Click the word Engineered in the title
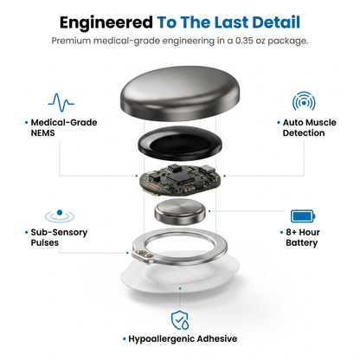point(106,22)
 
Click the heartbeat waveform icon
point(61,102)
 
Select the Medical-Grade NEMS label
point(64,127)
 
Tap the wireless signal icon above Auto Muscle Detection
point(304,101)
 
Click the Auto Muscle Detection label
point(309,127)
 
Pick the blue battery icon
point(303,216)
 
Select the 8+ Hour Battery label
point(303,237)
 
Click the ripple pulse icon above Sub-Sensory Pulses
point(60,216)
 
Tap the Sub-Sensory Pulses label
point(59,237)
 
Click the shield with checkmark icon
point(180,320)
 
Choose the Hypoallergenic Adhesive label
point(183,338)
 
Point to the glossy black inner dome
point(180,143)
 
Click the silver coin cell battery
point(180,211)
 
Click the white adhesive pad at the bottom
point(180,272)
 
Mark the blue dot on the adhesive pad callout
point(180,288)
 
